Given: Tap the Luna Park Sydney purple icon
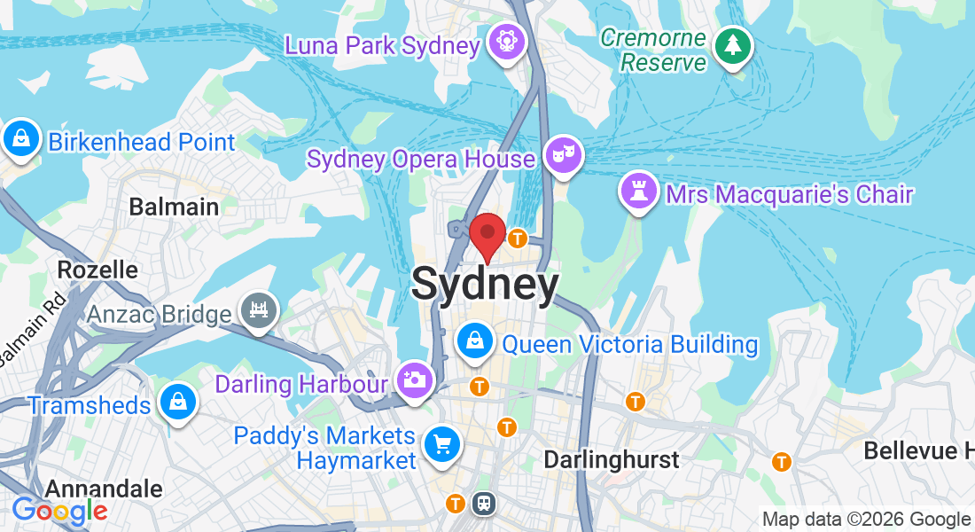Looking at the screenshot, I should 508,42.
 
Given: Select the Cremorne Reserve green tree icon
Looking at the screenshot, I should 732,45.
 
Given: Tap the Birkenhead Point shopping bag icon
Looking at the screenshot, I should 20,139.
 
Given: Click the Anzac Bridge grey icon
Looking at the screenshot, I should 259,311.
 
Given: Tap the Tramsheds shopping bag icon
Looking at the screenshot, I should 178,403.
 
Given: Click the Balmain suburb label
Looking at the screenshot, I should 174,207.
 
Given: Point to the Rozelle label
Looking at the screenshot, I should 97,269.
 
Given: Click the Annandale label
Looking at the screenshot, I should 104,489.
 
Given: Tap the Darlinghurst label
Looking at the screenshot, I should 611,459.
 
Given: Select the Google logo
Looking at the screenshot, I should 59,510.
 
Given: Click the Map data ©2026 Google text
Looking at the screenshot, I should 866,520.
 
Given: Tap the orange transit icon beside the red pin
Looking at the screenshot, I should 518,238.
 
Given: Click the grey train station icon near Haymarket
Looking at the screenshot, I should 485,503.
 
